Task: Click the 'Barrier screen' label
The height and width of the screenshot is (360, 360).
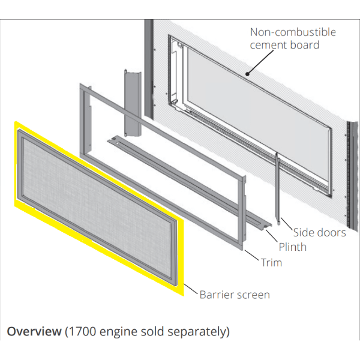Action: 235,294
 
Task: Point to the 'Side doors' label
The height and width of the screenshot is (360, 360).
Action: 319,232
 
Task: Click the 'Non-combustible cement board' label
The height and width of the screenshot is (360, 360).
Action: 293,38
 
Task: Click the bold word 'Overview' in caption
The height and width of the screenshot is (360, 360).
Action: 34,331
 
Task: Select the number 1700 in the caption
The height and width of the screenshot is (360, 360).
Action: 81,331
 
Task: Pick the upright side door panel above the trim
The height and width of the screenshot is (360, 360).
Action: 130,102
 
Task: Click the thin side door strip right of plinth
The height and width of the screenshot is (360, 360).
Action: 278,186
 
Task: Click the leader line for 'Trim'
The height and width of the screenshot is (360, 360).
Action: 253,256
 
